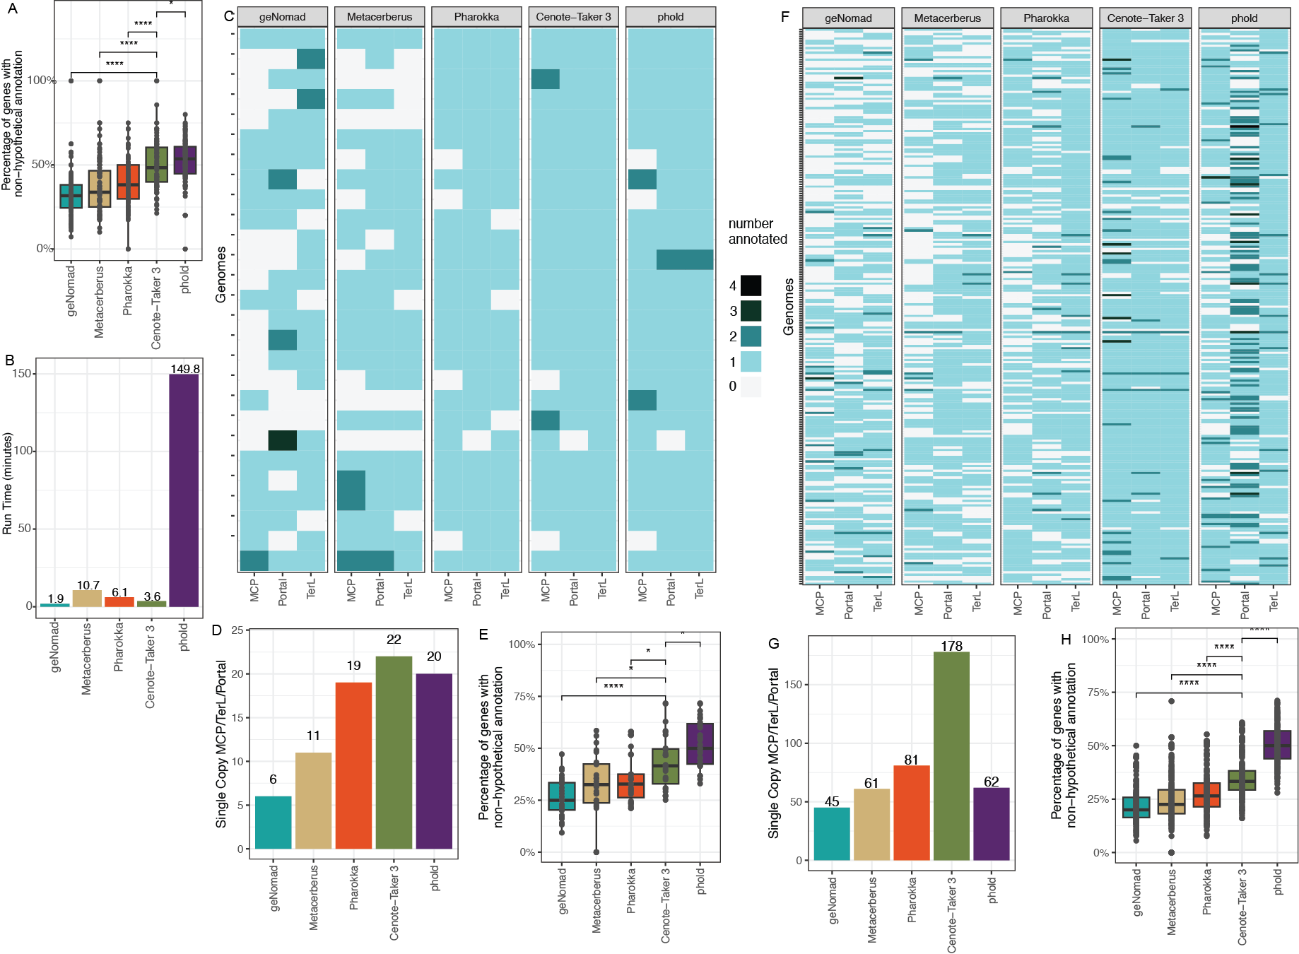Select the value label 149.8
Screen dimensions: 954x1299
pos(185,369)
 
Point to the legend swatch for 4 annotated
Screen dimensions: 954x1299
pos(751,285)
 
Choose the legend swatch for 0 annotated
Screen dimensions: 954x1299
pos(751,387)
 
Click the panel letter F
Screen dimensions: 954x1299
pos(784,16)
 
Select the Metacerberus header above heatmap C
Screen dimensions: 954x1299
pos(380,17)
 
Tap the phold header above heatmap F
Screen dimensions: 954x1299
pos(1244,18)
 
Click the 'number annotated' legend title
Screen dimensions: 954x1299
pos(757,231)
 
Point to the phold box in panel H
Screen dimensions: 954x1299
pos(1277,745)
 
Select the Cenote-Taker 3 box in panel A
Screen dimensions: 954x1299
pos(156,165)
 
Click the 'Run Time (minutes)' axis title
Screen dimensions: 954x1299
pos(8,483)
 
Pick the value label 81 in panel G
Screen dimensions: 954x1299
pos(911,760)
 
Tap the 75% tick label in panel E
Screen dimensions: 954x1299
pos(523,696)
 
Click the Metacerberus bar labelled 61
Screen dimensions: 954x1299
pos(871,824)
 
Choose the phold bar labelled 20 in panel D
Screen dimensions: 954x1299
pos(434,760)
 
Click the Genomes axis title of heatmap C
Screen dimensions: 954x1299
pos(221,274)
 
